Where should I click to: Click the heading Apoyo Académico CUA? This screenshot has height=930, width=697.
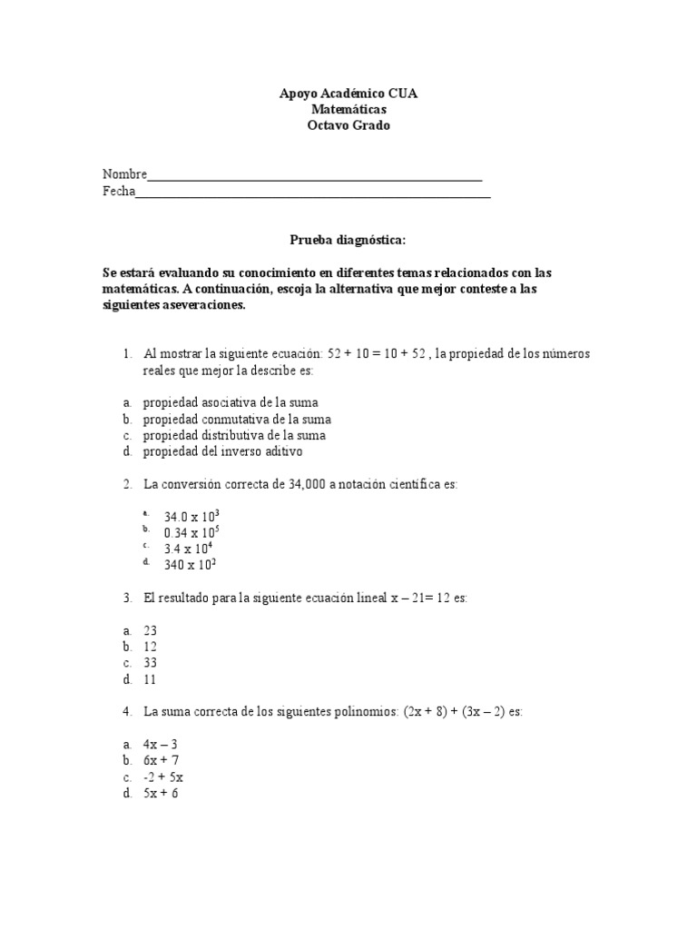[x=348, y=94]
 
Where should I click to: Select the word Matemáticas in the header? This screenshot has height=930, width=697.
[x=348, y=109]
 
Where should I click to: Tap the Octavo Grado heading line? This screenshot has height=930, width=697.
[x=348, y=125]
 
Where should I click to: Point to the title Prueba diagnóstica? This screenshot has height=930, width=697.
[x=348, y=240]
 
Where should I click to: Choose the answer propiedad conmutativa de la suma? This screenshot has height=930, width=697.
[x=236, y=419]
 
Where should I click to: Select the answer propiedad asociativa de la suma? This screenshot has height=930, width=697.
[x=230, y=402]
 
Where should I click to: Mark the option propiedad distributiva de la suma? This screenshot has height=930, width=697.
[x=234, y=435]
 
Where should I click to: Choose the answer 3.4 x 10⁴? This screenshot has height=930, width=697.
[x=188, y=549]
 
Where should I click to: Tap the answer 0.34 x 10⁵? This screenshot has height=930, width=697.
[x=191, y=532]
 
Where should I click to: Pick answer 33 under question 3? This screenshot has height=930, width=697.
[x=150, y=662]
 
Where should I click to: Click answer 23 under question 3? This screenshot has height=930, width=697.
[x=150, y=629]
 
